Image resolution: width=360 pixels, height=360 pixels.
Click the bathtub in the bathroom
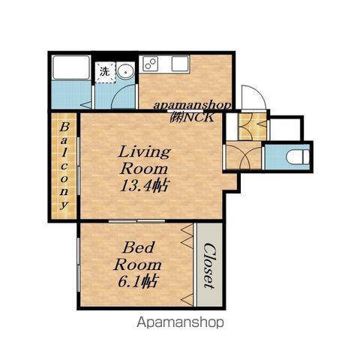[71, 67]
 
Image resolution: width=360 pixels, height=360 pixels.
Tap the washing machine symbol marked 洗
[105, 72]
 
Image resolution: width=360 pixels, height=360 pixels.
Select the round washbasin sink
[125, 71]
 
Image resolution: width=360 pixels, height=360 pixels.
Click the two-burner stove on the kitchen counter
[151, 63]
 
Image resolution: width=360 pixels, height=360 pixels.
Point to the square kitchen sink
[180, 63]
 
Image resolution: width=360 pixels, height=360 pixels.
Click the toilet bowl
[298, 157]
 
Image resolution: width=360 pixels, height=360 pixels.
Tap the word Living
[145, 151]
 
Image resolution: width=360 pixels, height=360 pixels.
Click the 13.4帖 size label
[144, 185]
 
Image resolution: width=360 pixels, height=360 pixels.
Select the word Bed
[138, 247]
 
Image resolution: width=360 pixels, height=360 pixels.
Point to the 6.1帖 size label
[137, 281]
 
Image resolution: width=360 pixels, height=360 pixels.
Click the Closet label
[209, 266]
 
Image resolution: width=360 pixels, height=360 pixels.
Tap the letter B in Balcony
[64, 127]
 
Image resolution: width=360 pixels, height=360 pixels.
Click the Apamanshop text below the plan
[180, 322]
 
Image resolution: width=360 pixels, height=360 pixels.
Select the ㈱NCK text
[192, 117]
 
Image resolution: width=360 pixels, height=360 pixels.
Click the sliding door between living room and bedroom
[137, 221]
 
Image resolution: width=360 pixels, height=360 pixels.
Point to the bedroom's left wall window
[79, 265]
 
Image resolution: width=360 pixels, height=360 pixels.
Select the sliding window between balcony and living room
[79, 166]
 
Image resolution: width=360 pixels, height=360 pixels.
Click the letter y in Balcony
[64, 205]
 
